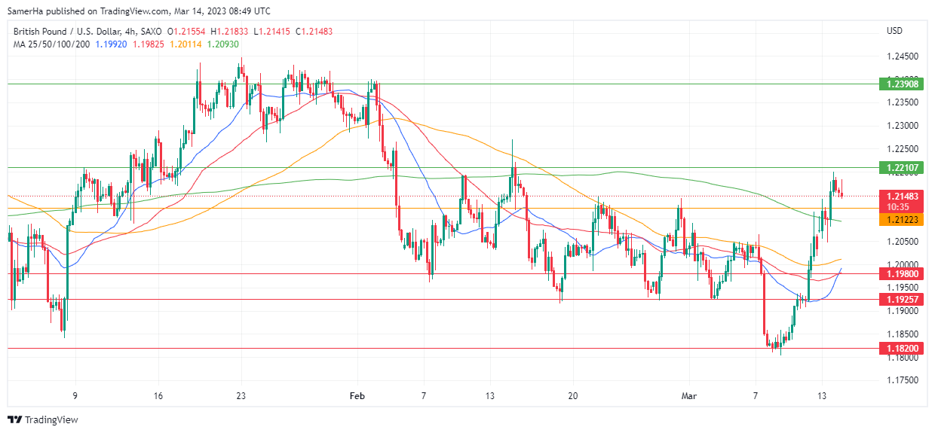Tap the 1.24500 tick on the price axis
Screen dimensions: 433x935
tap(902, 56)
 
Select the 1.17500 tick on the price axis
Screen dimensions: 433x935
tap(902, 381)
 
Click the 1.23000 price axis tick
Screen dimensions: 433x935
tap(902, 126)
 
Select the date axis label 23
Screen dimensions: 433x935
tap(241, 395)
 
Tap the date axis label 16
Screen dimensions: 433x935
tap(158, 395)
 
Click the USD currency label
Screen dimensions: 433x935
tap(895, 31)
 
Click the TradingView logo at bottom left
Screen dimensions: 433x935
tap(43, 419)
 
